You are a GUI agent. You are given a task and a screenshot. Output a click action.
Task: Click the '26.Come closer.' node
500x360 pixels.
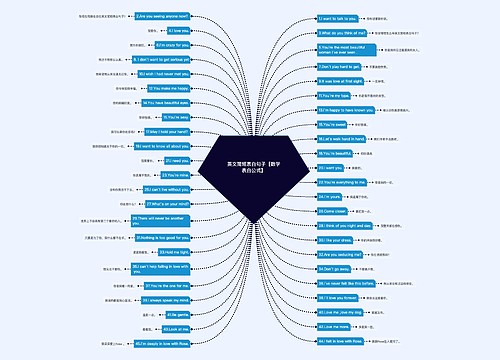pyautogui.click(x=334, y=212)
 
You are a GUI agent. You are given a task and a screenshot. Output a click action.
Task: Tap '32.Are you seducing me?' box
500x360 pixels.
pyautogui.click(x=341, y=255)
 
